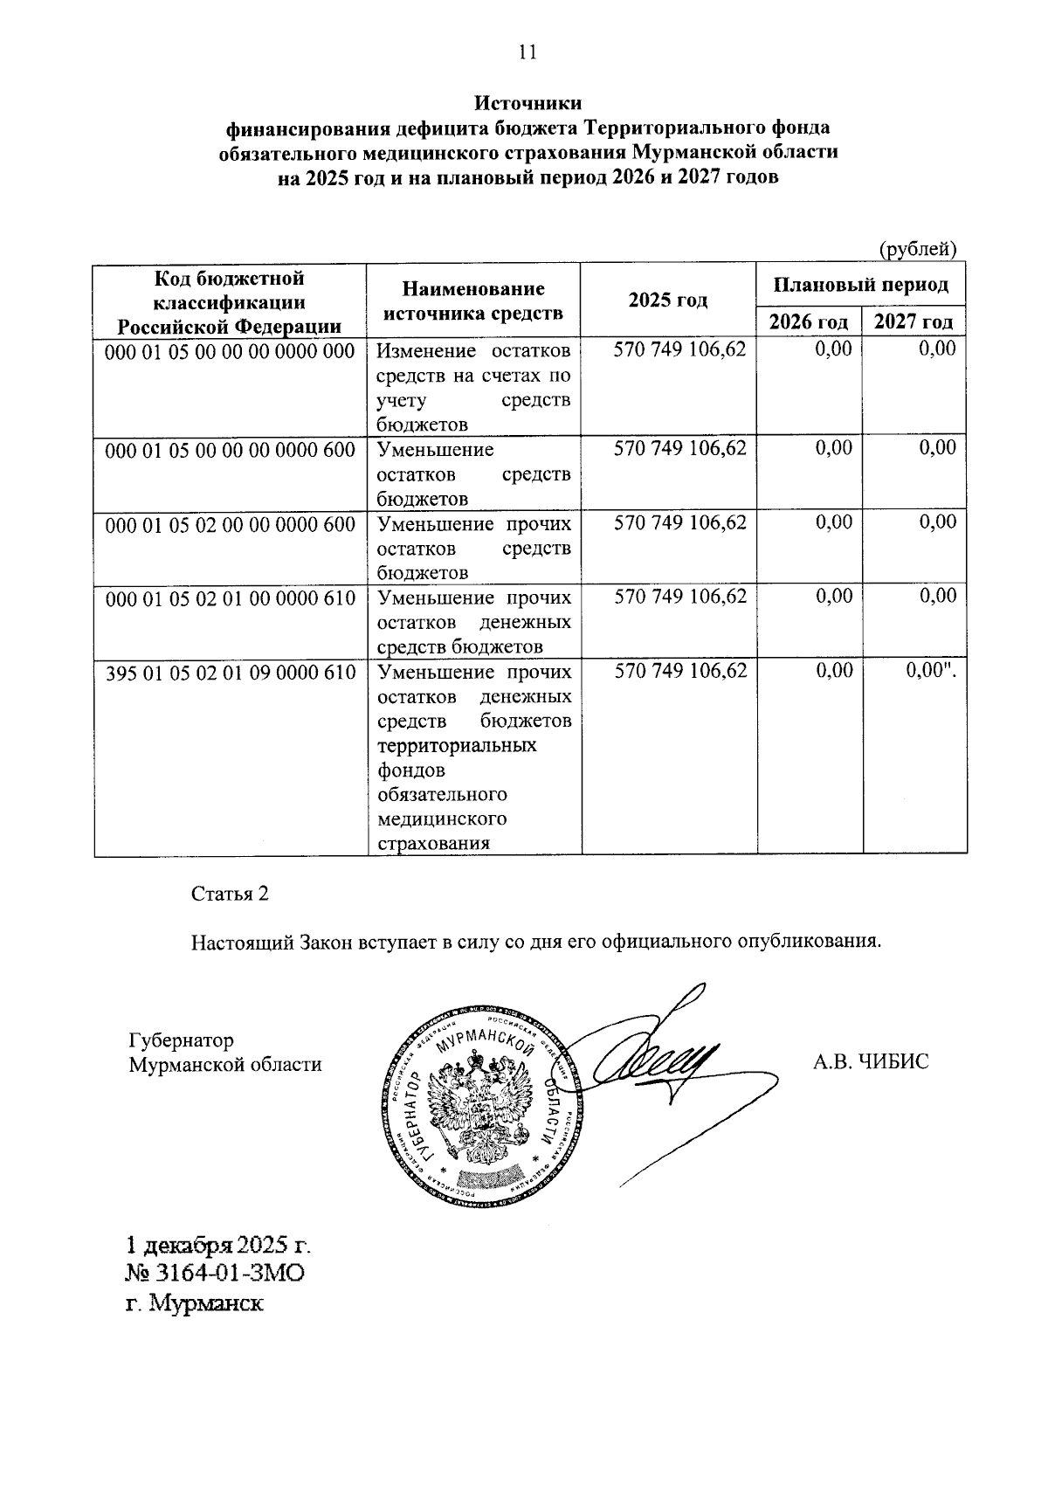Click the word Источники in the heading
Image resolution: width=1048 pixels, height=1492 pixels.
(x=527, y=104)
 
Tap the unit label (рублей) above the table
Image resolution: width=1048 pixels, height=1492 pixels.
(x=917, y=249)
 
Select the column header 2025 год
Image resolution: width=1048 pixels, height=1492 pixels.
(x=667, y=300)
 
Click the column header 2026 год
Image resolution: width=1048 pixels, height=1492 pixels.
(x=808, y=321)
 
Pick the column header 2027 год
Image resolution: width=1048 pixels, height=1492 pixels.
(x=914, y=321)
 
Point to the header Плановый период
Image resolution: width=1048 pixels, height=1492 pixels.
(x=860, y=285)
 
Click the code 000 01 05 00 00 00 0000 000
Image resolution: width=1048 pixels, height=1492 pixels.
(x=230, y=351)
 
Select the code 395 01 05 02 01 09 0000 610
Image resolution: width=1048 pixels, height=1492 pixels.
(x=230, y=673)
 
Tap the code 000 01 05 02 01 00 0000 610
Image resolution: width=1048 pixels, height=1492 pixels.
(x=230, y=598)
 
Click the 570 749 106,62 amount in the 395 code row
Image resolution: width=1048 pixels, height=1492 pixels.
(x=680, y=671)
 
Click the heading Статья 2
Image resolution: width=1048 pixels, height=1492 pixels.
(x=230, y=895)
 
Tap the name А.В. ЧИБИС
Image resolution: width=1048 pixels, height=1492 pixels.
(x=871, y=1062)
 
